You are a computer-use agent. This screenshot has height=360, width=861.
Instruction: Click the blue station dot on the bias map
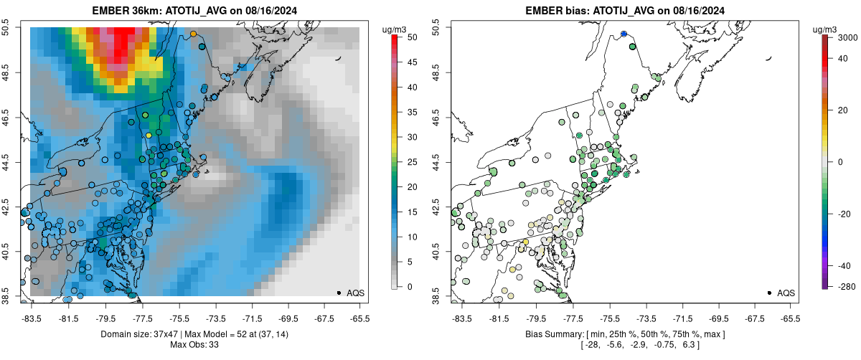click(x=624, y=34)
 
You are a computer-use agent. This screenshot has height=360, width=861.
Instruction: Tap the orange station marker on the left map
click(x=193, y=34)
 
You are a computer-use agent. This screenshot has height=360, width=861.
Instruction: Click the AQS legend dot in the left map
click(x=339, y=293)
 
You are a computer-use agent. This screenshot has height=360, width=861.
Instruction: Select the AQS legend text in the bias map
click(x=786, y=293)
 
